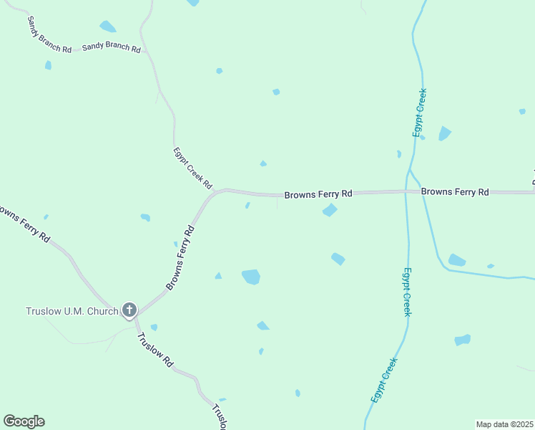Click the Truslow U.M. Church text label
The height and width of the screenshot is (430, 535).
(72, 311)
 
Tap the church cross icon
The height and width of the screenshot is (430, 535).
(129, 310)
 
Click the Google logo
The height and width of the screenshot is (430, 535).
(24, 421)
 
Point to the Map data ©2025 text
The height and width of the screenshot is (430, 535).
(504, 424)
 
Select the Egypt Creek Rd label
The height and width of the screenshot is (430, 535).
(193, 168)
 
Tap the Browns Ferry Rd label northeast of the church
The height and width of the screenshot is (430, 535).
(181, 258)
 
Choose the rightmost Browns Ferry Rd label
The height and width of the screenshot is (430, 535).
(454, 192)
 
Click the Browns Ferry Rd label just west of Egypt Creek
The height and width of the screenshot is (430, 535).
(318, 194)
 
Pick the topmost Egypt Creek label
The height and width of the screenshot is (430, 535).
(420, 113)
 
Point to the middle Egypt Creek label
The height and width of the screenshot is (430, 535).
(406, 292)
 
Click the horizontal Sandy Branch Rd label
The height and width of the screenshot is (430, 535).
(111, 47)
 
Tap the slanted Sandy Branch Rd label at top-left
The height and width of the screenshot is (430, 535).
(49, 34)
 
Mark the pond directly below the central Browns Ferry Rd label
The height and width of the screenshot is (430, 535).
(330, 210)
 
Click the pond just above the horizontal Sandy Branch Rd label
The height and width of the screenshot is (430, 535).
(107, 27)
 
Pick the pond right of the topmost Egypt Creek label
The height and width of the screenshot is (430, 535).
(444, 133)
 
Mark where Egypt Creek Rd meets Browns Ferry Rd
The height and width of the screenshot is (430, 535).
(217, 191)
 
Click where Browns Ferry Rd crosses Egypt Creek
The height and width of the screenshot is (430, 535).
(407, 192)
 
